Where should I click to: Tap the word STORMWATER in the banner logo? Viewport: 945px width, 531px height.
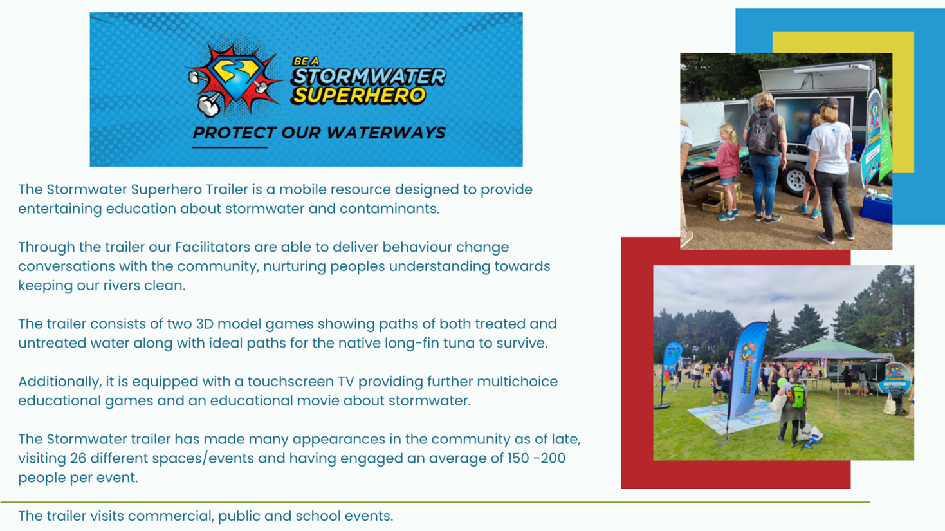click(369, 77)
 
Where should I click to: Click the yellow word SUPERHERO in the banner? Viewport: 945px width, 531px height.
click(358, 95)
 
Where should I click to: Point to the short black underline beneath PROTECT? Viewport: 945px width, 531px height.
click(230, 147)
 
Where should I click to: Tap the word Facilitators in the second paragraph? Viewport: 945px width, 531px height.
click(213, 247)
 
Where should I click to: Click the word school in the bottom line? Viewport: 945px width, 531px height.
click(320, 516)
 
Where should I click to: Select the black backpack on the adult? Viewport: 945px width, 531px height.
click(762, 133)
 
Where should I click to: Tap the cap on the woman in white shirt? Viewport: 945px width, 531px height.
click(828, 102)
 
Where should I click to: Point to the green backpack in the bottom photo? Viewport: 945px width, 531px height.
click(797, 395)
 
